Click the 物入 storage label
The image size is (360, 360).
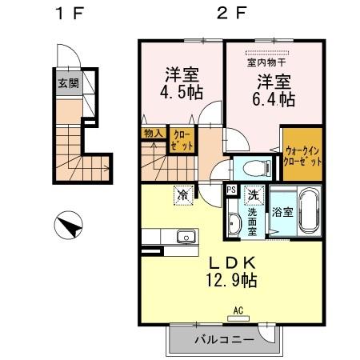pos(153,134)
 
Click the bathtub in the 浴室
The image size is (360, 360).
pos(307,211)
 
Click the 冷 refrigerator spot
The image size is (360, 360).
pos(183,194)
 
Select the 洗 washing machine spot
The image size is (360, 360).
pos(252,194)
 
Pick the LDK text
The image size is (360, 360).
pos(232,262)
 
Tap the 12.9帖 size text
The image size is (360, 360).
pos(232,280)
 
